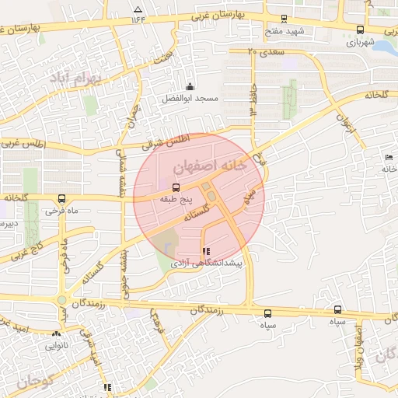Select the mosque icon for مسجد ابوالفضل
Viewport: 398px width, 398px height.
[190, 86]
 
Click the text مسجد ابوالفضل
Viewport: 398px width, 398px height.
[190, 99]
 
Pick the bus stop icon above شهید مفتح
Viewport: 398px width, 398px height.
[284, 19]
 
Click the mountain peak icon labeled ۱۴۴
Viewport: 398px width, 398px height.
[138, 10]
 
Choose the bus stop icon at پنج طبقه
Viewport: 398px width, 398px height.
[176, 187]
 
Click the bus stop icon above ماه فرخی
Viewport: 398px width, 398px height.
[61, 199]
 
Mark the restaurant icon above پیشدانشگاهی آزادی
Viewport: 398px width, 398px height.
[205, 252]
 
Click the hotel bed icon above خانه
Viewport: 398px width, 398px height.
[387, 159]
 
